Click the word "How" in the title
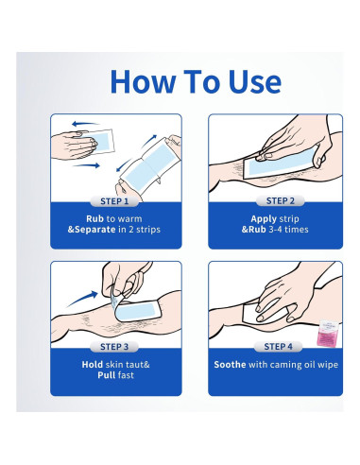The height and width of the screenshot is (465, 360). (143, 82)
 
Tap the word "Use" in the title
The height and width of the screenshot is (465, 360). (254, 82)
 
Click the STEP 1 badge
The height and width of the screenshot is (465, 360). (114, 201)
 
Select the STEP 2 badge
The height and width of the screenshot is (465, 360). (281, 200)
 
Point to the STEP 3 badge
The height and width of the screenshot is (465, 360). (114, 347)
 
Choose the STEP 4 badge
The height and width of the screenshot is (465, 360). (278, 347)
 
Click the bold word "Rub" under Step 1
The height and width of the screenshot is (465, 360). (94, 218)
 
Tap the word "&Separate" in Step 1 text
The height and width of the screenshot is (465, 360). (92, 230)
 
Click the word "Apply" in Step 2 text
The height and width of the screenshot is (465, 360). (264, 219)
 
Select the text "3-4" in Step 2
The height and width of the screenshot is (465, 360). (275, 230)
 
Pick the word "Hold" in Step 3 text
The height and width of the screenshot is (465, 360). (93, 365)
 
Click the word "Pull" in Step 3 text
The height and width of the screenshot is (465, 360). (107, 375)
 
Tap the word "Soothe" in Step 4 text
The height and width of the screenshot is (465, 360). (230, 365)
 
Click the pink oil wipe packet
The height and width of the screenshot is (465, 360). (328, 334)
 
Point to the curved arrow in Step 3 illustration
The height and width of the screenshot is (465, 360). (83, 299)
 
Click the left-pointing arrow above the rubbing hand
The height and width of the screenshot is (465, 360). (85, 124)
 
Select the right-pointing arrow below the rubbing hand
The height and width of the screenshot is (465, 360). (86, 165)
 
